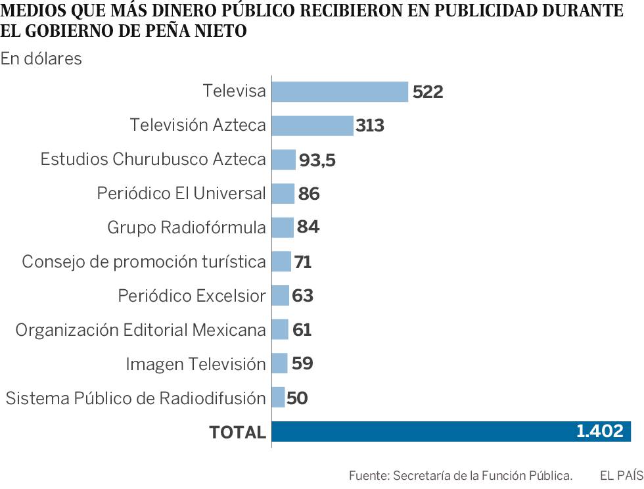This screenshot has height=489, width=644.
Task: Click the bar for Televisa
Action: click(340, 91)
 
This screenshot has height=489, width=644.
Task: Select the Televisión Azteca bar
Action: click(312, 125)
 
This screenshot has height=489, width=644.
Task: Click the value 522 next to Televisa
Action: click(428, 92)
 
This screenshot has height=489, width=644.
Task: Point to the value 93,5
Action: click(317, 160)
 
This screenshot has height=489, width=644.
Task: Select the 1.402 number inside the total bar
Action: click(599, 431)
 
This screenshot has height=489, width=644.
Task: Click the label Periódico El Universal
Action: click(181, 194)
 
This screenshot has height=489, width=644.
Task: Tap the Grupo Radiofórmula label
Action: click(187, 227)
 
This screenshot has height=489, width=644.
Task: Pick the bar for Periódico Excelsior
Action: click(280, 296)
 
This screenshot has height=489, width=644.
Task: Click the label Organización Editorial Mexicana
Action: click(141, 330)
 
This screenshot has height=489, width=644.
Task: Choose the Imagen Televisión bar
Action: click(279, 363)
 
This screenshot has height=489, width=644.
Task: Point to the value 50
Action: click(297, 398)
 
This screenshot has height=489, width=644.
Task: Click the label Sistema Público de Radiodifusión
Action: click(135, 398)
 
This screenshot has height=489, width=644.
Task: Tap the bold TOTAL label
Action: click(237, 432)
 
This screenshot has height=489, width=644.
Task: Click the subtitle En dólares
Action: click(41, 58)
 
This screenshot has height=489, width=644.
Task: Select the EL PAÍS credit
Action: click(621, 475)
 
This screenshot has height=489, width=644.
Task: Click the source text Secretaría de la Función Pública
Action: click(482, 475)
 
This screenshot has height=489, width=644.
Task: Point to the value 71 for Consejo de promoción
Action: click(302, 262)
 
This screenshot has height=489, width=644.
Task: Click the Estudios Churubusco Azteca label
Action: click(153, 160)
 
